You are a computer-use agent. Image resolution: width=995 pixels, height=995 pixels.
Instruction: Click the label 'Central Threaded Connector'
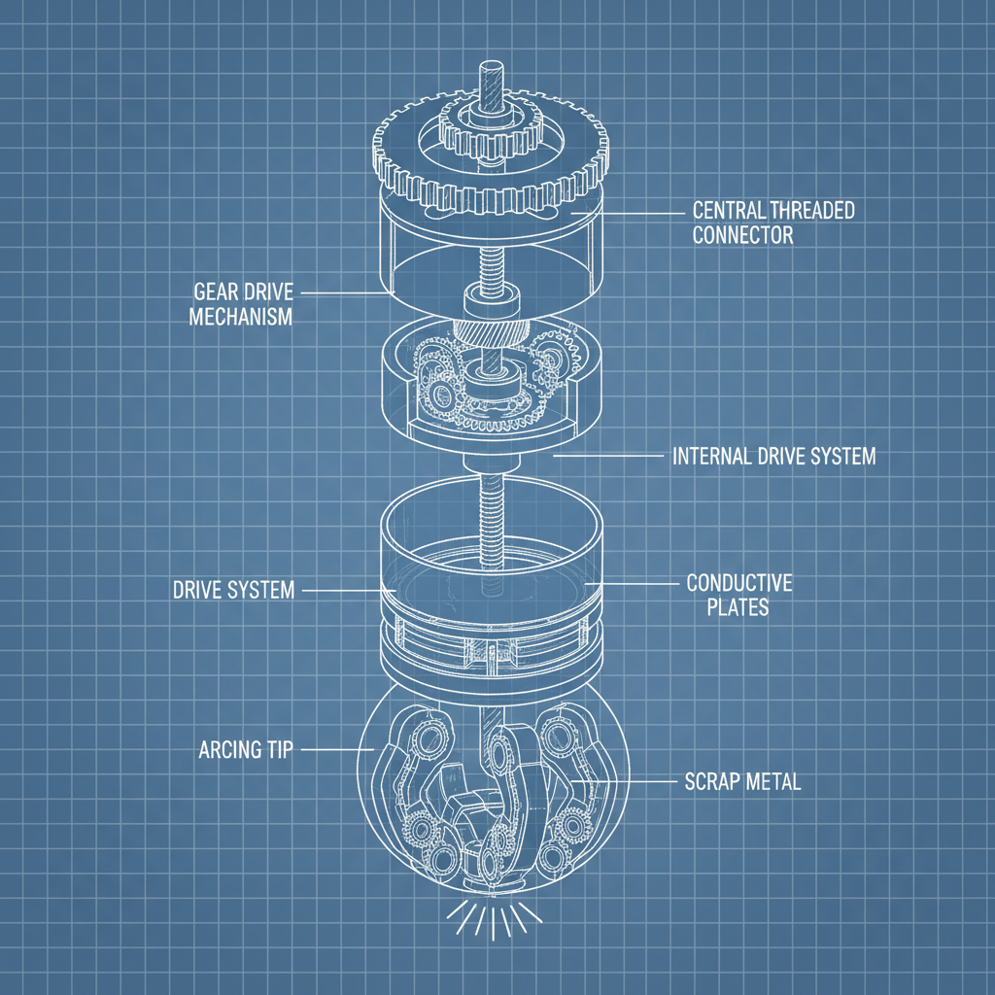coord(773,223)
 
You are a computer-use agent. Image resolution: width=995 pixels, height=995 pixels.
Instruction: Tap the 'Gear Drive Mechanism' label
coord(241,304)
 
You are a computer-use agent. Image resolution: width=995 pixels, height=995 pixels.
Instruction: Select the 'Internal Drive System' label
coord(774,457)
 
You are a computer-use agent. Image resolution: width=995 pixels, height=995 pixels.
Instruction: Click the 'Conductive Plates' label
coord(739,596)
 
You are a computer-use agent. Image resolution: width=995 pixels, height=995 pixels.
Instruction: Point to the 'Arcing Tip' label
coord(246,750)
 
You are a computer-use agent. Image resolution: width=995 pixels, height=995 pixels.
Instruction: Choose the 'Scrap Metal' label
coord(743,781)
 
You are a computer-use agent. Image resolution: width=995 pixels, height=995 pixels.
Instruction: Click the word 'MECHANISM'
coord(241,316)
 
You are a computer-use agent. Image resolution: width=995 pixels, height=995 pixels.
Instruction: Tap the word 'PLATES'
coord(738,607)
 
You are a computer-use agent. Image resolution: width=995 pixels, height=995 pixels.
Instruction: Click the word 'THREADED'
coord(813,211)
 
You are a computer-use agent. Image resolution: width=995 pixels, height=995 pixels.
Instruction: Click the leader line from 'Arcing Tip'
coord(337,750)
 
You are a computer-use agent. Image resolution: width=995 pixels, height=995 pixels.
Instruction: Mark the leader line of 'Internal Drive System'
coord(608,456)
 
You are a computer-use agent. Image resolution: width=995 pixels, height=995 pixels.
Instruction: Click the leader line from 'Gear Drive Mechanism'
coord(344,293)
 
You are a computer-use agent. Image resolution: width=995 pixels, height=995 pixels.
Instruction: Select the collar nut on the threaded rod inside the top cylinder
coord(491,299)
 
